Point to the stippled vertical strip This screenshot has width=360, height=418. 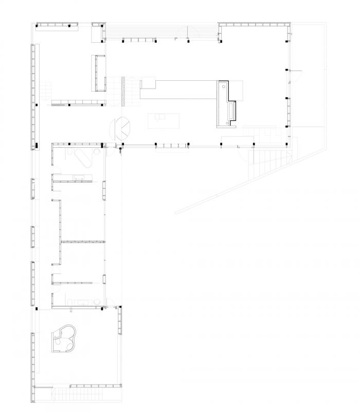122,91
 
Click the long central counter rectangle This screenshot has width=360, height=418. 180,89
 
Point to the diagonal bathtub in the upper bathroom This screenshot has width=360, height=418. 82,159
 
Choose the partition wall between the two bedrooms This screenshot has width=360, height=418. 82,241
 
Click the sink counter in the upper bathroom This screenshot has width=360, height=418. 80,178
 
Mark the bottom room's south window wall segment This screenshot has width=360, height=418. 95,386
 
